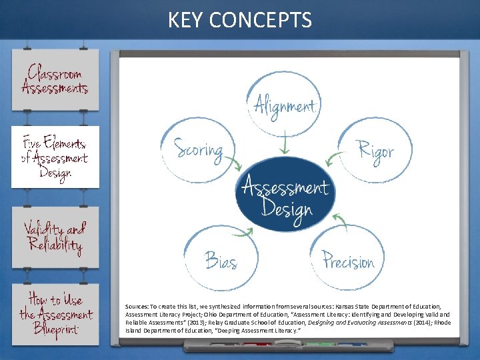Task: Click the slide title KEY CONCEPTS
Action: (x=239, y=20)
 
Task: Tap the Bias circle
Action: (x=221, y=257)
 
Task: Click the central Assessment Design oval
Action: (x=285, y=194)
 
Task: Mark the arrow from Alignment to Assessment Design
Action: (x=285, y=145)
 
